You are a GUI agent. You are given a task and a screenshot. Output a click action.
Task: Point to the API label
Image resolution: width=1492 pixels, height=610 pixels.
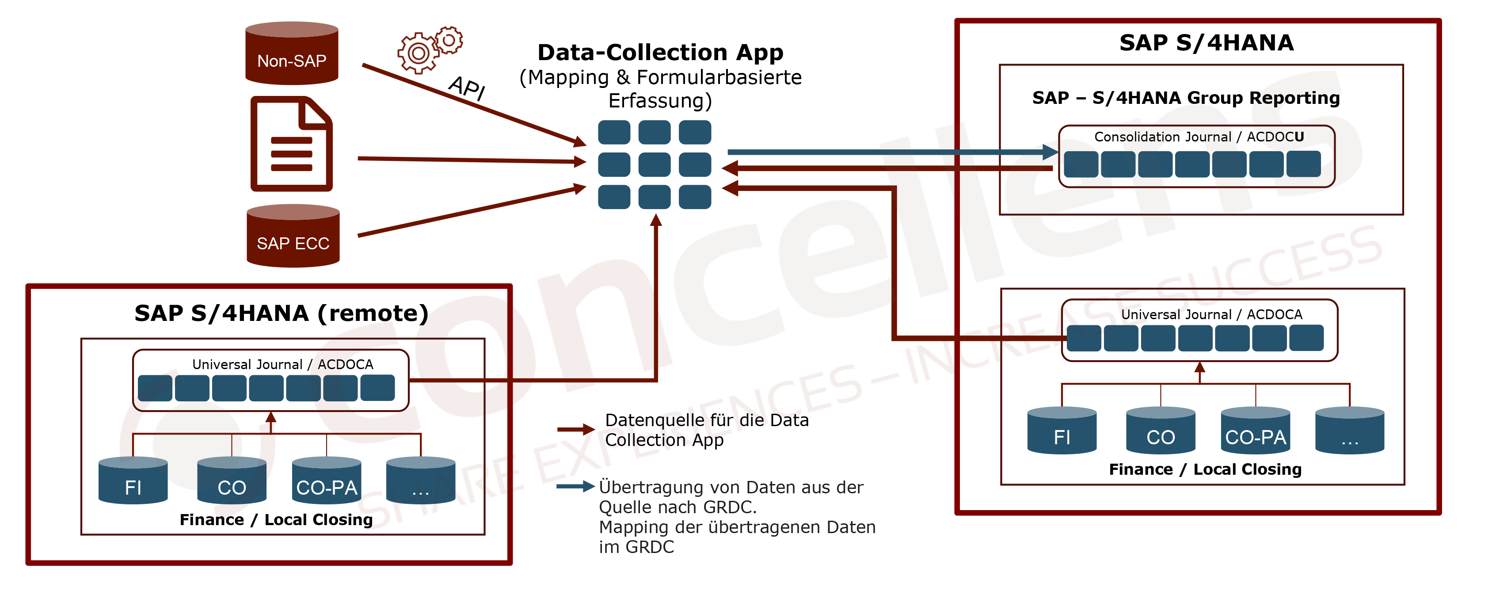pos(467,88)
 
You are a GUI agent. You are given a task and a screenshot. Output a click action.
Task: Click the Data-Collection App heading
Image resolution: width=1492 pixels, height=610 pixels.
pos(660,53)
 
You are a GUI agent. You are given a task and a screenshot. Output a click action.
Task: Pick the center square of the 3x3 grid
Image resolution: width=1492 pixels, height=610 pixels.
pos(655,164)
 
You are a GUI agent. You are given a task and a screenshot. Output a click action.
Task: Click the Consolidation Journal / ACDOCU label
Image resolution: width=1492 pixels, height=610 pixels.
pos(1199,137)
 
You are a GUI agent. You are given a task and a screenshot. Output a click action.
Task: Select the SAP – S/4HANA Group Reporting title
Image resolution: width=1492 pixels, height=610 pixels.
pos(1186,98)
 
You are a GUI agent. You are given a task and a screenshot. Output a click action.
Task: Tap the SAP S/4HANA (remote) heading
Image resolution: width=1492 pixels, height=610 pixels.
pos(282,313)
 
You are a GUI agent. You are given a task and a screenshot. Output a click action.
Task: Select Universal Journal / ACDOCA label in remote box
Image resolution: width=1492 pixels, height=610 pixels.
pos(283,364)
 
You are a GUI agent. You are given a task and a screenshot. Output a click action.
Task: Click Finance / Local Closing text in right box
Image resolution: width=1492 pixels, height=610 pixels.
pos(1205,469)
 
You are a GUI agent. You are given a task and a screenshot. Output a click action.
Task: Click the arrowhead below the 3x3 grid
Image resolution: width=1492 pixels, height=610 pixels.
pos(656,220)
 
